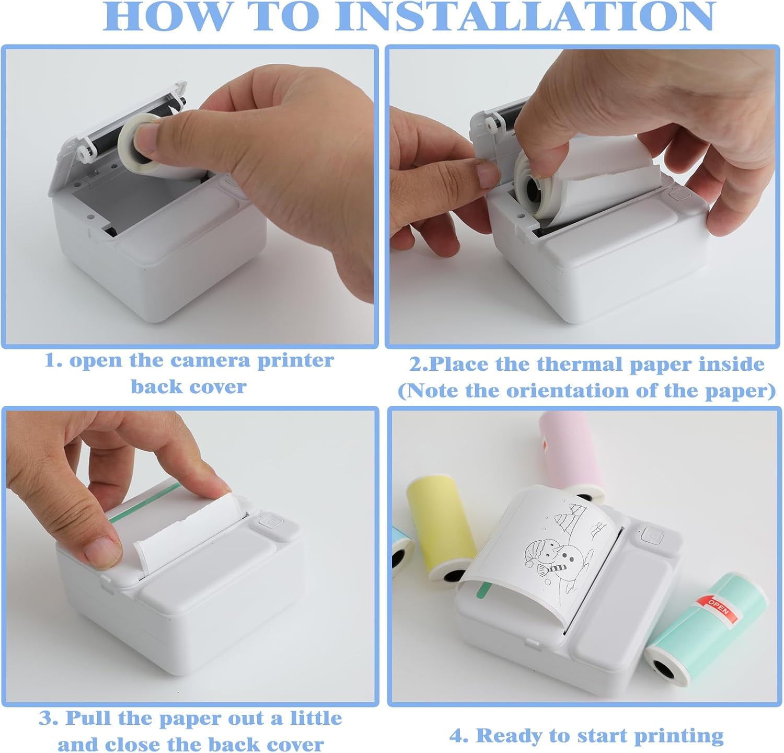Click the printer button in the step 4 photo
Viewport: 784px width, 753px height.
tap(652, 534)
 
